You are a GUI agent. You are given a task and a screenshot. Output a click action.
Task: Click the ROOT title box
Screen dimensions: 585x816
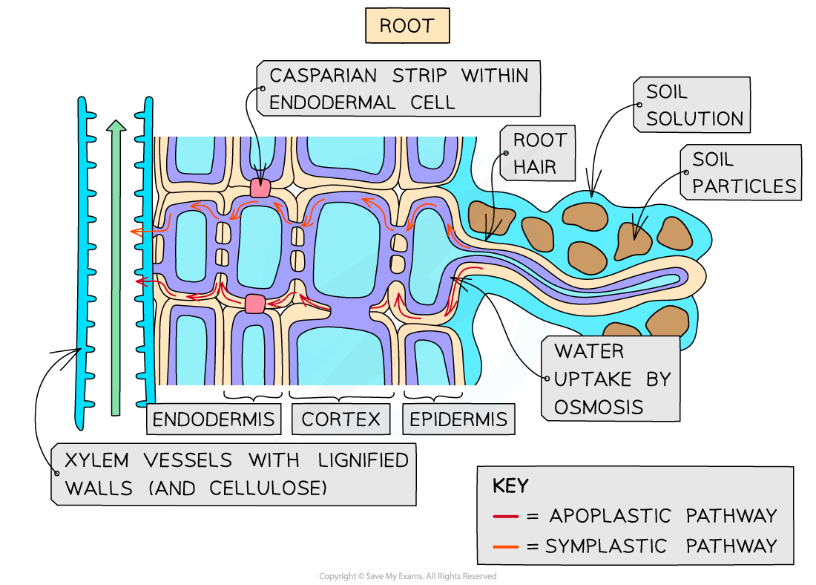point(407,26)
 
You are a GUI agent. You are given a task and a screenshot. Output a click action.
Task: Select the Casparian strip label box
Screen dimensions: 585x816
point(398,88)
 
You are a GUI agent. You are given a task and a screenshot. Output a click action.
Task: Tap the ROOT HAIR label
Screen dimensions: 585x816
point(539,154)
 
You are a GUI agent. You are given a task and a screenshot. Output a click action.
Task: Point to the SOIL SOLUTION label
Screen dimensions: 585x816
point(693,105)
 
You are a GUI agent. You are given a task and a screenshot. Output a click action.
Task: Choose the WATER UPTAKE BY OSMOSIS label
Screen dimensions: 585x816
point(611,379)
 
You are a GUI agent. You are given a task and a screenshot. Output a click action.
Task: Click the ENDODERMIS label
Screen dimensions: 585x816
point(213,419)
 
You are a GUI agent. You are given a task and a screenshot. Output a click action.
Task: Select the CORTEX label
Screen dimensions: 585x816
point(340,419)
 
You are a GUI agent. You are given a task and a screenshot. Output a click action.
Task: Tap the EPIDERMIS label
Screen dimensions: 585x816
point(458,419)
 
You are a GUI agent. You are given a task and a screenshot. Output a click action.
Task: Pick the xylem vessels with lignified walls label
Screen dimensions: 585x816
point(234,474)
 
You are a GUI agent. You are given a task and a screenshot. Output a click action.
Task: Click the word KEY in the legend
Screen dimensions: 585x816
point(510,486)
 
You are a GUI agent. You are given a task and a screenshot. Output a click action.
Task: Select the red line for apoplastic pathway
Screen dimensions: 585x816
point(505,516)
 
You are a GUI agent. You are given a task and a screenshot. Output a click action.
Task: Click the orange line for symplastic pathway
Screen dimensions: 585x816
point(505,547)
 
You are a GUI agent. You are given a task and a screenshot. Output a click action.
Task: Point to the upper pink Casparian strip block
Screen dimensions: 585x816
point(260,188)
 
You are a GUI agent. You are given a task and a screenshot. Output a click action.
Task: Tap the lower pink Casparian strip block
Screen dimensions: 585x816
point(254,304)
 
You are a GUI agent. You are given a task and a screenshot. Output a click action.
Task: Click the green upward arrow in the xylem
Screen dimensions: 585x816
point(115,267)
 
